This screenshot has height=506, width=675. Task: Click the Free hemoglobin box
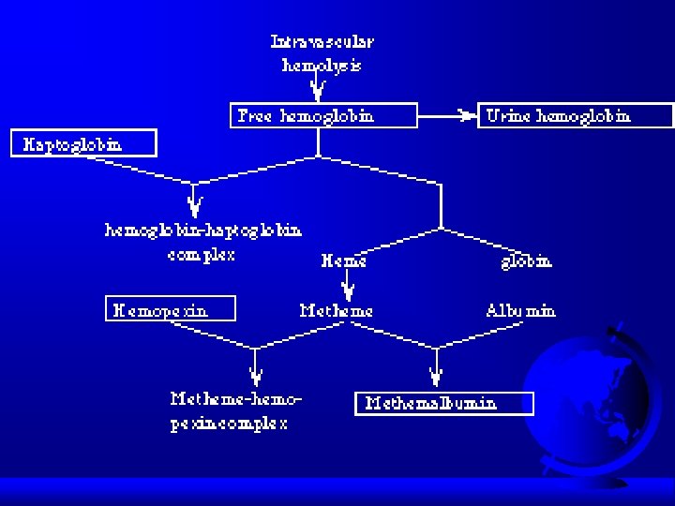(322, 115)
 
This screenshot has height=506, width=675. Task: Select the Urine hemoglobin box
(576, 115)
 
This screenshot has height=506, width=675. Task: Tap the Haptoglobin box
(84, 143)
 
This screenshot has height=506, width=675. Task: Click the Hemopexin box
(170, 308)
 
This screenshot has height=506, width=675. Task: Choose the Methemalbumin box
(443, 403)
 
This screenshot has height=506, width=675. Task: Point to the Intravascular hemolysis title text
(322, 53)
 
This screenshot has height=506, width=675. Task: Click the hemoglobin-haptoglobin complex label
(202, 241)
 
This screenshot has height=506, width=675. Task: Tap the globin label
(526, 261)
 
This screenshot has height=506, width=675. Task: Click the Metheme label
(336, 310)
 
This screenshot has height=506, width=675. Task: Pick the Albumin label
(520, 310)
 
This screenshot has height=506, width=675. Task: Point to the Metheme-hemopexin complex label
(236, 410)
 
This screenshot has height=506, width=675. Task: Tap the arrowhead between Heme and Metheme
(348, 289)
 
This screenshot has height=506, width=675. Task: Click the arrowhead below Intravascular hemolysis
(318, 90)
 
